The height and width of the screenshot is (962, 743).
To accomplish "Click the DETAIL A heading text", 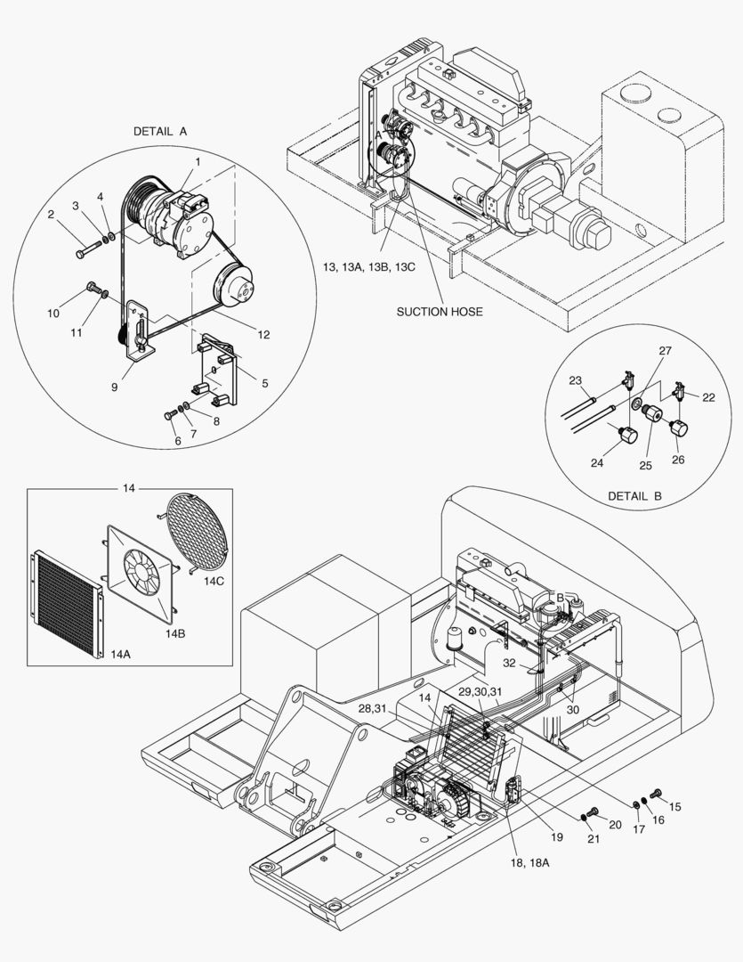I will [160, 131].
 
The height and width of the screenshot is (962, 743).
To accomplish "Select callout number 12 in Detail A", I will [263, 335].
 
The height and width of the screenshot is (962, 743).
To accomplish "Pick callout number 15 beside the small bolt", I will [674, 806].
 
